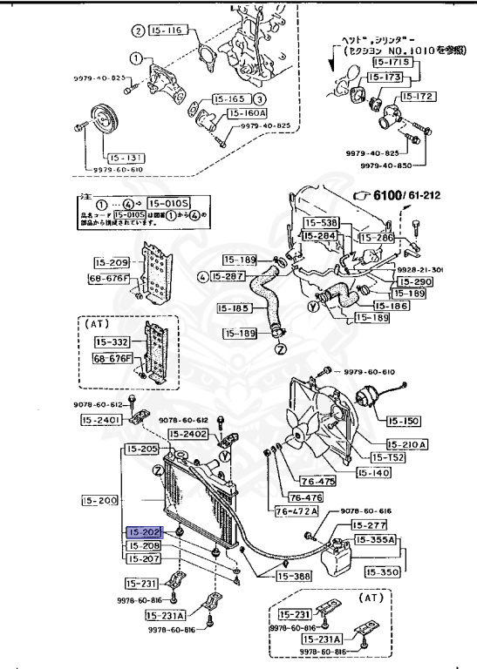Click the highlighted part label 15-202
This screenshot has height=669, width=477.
144,531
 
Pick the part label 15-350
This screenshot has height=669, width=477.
382,572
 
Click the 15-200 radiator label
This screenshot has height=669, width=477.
100,501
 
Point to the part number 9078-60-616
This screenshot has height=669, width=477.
362,510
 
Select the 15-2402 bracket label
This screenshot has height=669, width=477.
188,433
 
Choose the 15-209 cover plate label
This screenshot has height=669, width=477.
110,262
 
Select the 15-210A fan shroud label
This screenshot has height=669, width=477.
407,443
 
